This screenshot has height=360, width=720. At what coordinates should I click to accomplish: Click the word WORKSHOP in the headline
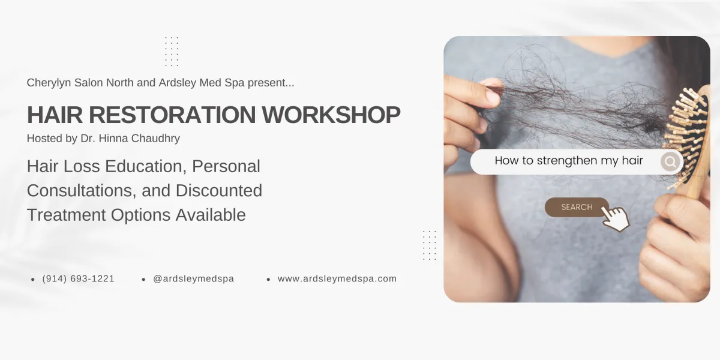coord(331,115)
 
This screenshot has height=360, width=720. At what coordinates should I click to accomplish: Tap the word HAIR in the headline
coord(55,115)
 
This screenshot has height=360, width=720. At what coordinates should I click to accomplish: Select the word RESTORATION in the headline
coord(172,115)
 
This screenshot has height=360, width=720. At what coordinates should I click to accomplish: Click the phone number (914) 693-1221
coord(78,278)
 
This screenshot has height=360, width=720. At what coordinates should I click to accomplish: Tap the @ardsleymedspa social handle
coord(193,278)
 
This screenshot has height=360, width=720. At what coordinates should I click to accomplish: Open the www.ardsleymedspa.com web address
coord(337,278)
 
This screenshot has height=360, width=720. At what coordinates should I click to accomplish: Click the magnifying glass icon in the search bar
coord(670,161)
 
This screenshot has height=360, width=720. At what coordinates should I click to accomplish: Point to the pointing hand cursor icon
coord(616,218)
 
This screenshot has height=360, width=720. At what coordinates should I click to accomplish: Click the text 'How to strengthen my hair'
coord(569,160)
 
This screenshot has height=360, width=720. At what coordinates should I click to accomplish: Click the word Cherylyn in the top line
coord(49,83)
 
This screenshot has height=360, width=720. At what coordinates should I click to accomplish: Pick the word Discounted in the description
coord(219,191)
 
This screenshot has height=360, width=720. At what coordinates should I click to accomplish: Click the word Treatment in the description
coord(67,215)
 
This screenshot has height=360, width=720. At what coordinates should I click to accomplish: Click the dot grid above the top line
coord(172,52)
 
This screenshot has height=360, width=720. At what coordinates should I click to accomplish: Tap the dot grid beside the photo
coord(430,245)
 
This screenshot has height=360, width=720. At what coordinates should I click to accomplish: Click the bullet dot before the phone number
coord(33,280)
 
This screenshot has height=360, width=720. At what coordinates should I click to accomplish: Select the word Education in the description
coord(146,167)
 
